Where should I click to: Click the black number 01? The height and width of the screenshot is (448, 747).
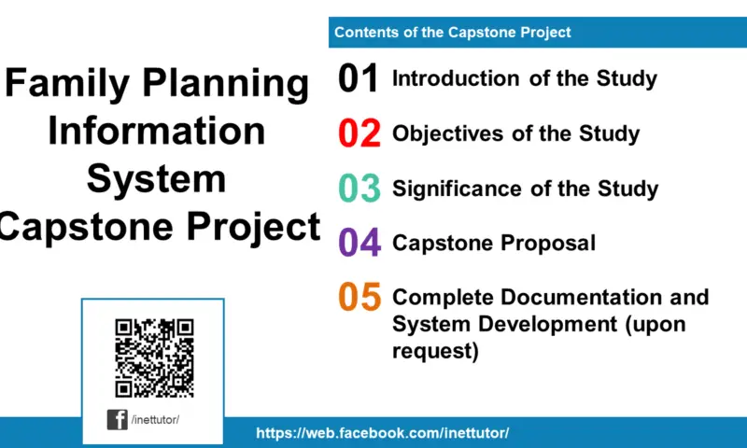[x=359, y=79]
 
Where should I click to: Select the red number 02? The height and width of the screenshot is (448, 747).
[x=359, y=134]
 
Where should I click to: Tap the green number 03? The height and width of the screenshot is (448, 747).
[x=359, y=189]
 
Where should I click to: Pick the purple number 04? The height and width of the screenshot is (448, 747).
[x=359, y=244]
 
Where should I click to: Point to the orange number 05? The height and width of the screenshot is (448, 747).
[x=359, y=298]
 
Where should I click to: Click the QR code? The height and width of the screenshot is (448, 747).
[x=153, y=357]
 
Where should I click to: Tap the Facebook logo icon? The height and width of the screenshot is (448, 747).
[x=118, y=419]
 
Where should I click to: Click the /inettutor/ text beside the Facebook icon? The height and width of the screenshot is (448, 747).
[x=155, y=420]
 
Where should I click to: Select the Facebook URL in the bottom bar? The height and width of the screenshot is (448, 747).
[x=382, y=433]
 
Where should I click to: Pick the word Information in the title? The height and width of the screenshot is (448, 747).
[x=156, y=131]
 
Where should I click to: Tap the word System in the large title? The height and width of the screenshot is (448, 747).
[x=156, y=178]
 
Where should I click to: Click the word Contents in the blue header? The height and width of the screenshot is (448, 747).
[x=365, y=32]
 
